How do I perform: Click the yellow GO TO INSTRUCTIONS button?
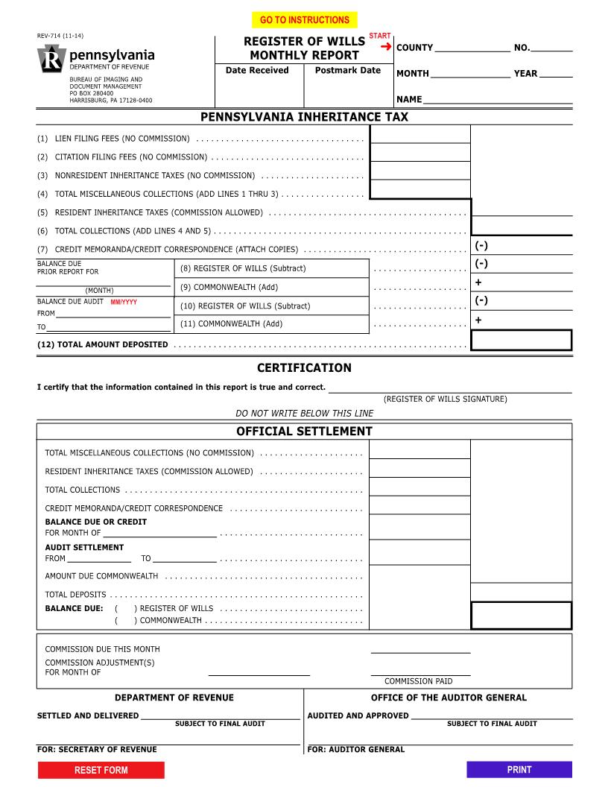tap(304, 20)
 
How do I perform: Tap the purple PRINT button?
tap(519, 770)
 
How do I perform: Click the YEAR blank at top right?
tap(555, 75)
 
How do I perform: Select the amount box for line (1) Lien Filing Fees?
tap(419, 134)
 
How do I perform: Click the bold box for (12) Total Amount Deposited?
tap(521, 341)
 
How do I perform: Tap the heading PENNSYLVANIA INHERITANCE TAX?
tap(304, 117)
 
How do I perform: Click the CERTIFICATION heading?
tap(304, 368)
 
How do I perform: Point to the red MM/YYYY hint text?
tap(124, 303)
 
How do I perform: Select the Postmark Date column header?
tap(347, 71)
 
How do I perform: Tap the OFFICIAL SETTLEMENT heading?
tap(304, 432)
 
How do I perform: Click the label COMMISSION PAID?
tap(418, 681)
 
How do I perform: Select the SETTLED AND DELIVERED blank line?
tap(220, 718)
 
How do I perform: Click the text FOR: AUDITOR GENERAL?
tap(355, 750)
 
